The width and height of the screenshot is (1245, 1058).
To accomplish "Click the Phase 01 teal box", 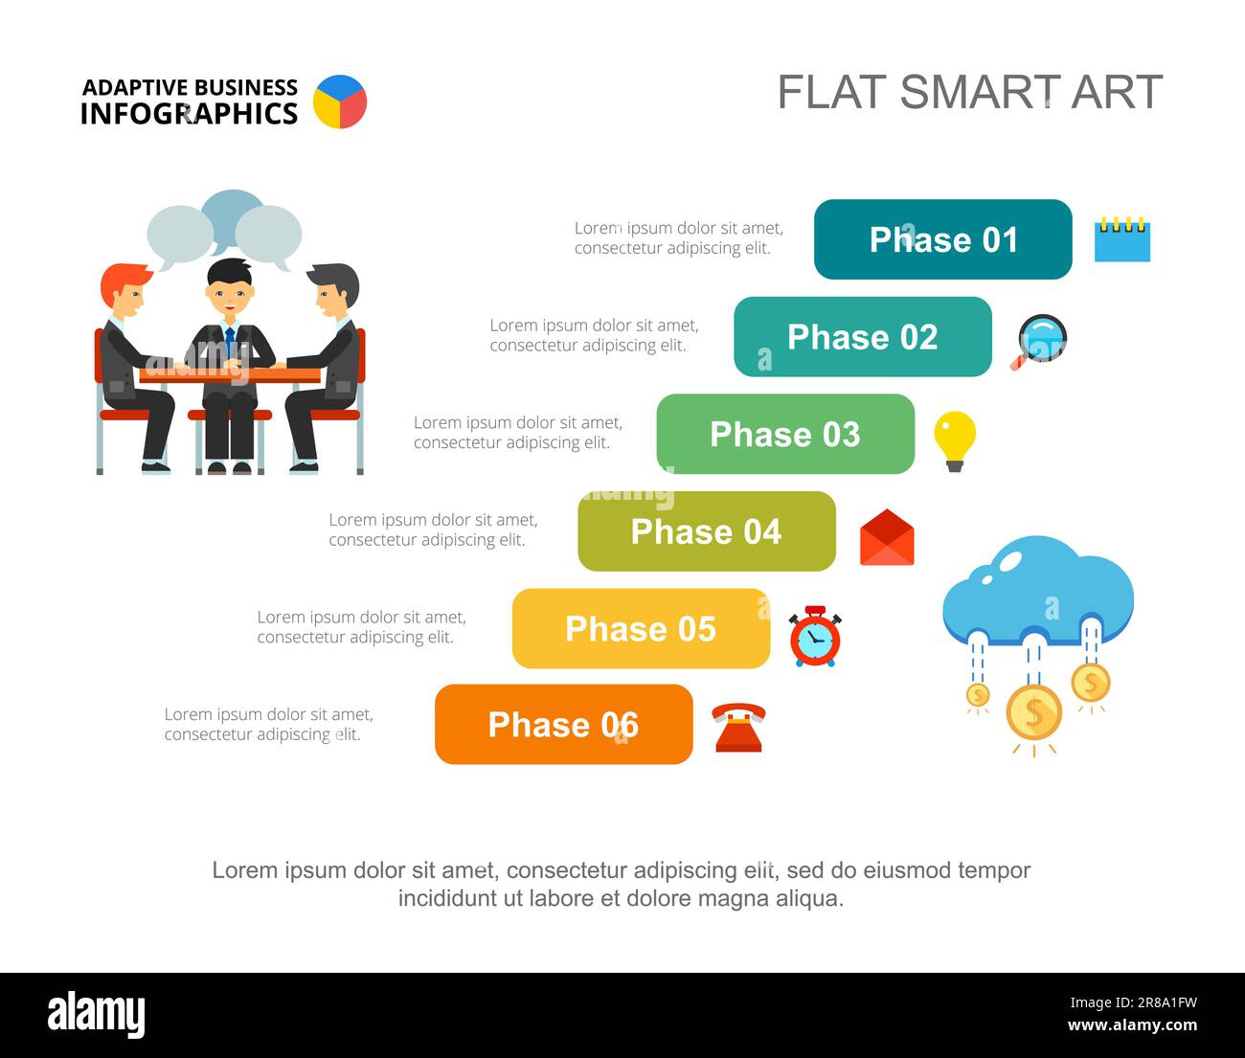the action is [x=942, y=239].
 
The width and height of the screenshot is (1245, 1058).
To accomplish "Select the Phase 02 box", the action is [x=863, y=337].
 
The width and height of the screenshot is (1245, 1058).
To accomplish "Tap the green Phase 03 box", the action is [x=785, y=434].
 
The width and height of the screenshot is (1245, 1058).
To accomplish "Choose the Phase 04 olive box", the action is [x=707, y=531].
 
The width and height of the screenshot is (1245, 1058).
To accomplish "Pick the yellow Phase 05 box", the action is [x=641, y=628].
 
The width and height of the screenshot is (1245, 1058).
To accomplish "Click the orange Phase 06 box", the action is [x=564, y=725].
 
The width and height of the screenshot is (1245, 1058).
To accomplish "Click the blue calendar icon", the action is [x=1122, y=239].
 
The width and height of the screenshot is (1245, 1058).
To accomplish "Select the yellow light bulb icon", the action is [x=955, y=439].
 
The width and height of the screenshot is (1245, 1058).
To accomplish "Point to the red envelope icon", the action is [x=887, y=538].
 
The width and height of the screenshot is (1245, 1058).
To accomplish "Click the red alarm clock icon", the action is [x=815, y=637].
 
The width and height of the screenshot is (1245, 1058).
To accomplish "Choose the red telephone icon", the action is [x=738, y=728].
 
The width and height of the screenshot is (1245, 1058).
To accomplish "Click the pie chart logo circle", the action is [x=340, y=101].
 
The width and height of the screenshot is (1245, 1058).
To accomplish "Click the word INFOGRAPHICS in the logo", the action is [x=189, y=114].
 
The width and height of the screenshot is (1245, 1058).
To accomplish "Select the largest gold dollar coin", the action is [x=1033, y=713].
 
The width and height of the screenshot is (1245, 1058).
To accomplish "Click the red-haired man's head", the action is [x=124, y=290].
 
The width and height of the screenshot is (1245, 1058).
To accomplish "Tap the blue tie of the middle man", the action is [x=230, y=342].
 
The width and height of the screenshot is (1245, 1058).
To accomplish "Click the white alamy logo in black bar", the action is [x=97, y=1014].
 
